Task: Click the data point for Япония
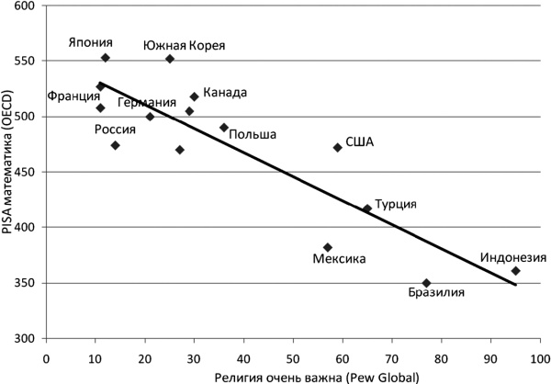click(x=106, y=58)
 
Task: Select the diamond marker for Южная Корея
click(x=170, y=59)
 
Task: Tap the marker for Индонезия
click(x=516, y=271)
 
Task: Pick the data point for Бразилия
click(x=426, y=283)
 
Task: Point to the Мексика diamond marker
click(x=328, y=247)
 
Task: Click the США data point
click(x=338, y=147)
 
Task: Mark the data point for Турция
click(x=367, y=209)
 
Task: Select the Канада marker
click(x=195, y=96)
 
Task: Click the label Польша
click(x=253, y=134)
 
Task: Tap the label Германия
click(x=147, y=102)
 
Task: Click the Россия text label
click(x=116, y=130)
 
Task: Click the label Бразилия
click(x=436, y=293)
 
